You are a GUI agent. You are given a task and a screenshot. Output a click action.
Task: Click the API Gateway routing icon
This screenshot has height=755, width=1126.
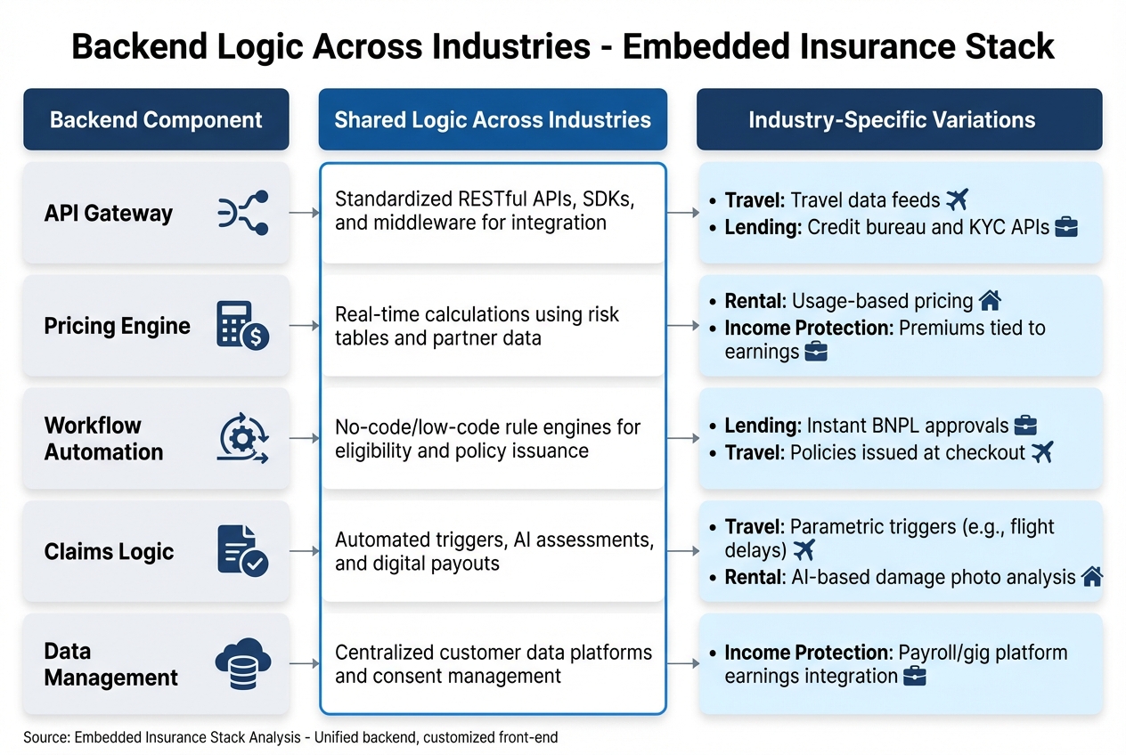click(x=243, y=213)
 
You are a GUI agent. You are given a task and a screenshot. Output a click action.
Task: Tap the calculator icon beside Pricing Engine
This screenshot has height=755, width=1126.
click(x=243, y=326)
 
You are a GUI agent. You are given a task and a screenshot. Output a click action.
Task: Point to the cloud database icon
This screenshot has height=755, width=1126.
click(x=242, y=664)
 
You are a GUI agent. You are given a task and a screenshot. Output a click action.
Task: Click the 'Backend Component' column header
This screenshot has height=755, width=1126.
click(x=156, y=119)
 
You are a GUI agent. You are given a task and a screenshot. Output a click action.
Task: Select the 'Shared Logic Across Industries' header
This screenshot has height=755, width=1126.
click(x=493, y=119)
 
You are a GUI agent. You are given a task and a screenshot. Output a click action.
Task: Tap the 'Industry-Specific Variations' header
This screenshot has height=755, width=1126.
click(x=899, y=119)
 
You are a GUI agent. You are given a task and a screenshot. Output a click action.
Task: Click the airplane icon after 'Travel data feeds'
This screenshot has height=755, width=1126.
click(x=957, y=199)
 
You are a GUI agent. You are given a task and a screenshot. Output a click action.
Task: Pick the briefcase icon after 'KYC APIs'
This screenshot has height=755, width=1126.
click(x=1066, y=228)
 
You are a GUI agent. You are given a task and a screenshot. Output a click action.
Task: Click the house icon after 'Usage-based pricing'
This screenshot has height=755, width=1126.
click(x=990, y=300)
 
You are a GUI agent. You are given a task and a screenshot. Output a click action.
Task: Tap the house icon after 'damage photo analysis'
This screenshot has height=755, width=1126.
click(x=1091, y=577)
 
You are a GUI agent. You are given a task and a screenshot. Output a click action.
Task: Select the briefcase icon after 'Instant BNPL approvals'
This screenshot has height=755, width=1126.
click(x=1025, y=426)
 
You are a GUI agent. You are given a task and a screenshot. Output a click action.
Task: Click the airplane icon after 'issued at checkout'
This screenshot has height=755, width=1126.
click(x=1041, y=452)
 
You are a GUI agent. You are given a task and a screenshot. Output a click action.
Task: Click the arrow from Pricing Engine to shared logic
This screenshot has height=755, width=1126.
click(x=304, y=326)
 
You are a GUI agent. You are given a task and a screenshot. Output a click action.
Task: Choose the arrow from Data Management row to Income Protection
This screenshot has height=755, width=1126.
click(x=682, y=664)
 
